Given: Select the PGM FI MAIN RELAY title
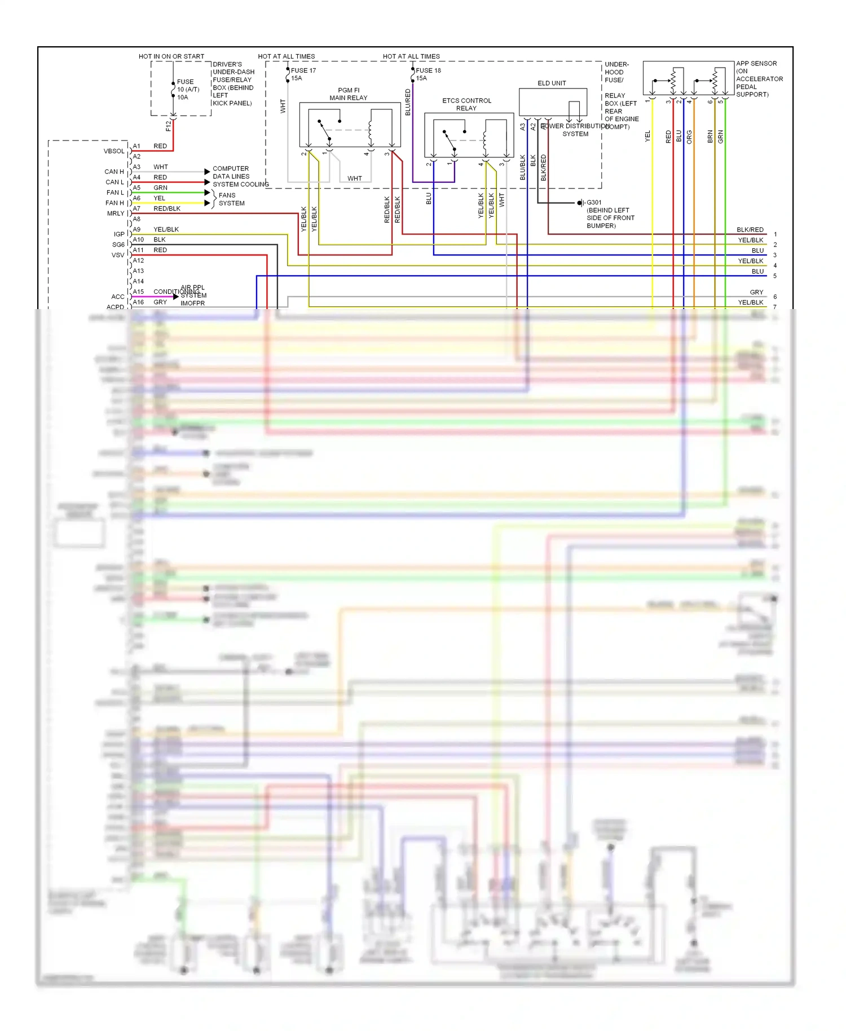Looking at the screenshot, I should point(349,94).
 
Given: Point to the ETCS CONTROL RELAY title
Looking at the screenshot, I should point(466,104).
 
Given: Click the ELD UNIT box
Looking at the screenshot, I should point(553,102).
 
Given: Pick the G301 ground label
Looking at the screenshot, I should point(594,202).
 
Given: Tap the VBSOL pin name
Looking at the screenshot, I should point(114,151).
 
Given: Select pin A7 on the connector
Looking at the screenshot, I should point(136,209).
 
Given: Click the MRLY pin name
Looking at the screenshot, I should point(115,213).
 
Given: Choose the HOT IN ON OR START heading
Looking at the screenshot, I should point(171,56).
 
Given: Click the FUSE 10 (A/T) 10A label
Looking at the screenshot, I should point(187,89).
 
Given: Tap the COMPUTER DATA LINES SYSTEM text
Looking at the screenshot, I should point(231,177).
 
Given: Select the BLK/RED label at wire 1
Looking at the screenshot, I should point(750,230).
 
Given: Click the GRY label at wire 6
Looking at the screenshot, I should point(756,292).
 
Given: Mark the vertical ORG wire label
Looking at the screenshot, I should point(689,136).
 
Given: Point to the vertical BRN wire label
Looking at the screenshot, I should point(710,136).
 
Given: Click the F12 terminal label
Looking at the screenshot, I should point(168,126).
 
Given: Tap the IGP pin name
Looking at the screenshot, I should point(118,234).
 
